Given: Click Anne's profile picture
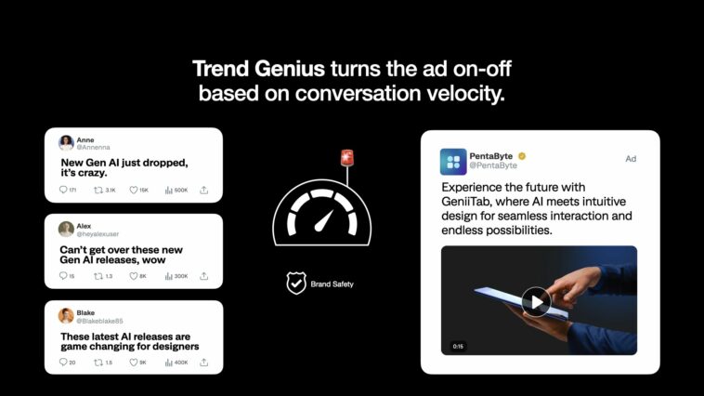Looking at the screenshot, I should point(66,143).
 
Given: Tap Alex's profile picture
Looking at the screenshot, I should point(66,229).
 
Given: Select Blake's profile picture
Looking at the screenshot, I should point(66,315).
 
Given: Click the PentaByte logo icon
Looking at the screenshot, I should point(453,161).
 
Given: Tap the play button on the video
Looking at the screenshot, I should point(535,300).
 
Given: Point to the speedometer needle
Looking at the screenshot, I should point(324,219).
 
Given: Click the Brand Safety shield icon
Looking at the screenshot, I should point(296,284).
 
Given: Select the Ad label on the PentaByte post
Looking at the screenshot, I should point(631,159).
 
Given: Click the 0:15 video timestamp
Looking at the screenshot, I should point(458,346).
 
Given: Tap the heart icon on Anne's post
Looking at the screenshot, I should point(134,190).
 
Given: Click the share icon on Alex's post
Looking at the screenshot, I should point(203,276).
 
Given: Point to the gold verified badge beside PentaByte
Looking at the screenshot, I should point(522,155).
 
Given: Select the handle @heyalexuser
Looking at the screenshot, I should point(98,234).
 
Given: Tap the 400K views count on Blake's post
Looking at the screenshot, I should point(176,363).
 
